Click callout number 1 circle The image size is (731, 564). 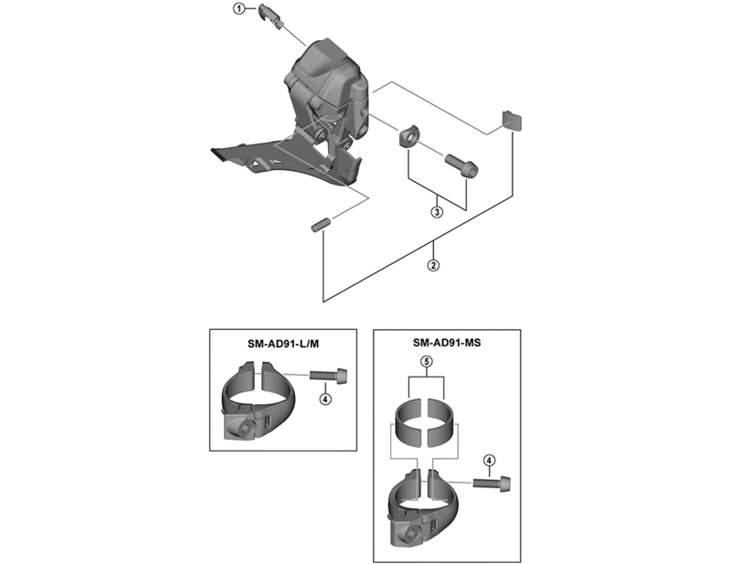tap(239, 10)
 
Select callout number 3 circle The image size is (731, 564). tap(438, 212)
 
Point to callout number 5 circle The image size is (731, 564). tap(426, 362)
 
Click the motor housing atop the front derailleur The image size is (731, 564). tap(329, 69)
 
